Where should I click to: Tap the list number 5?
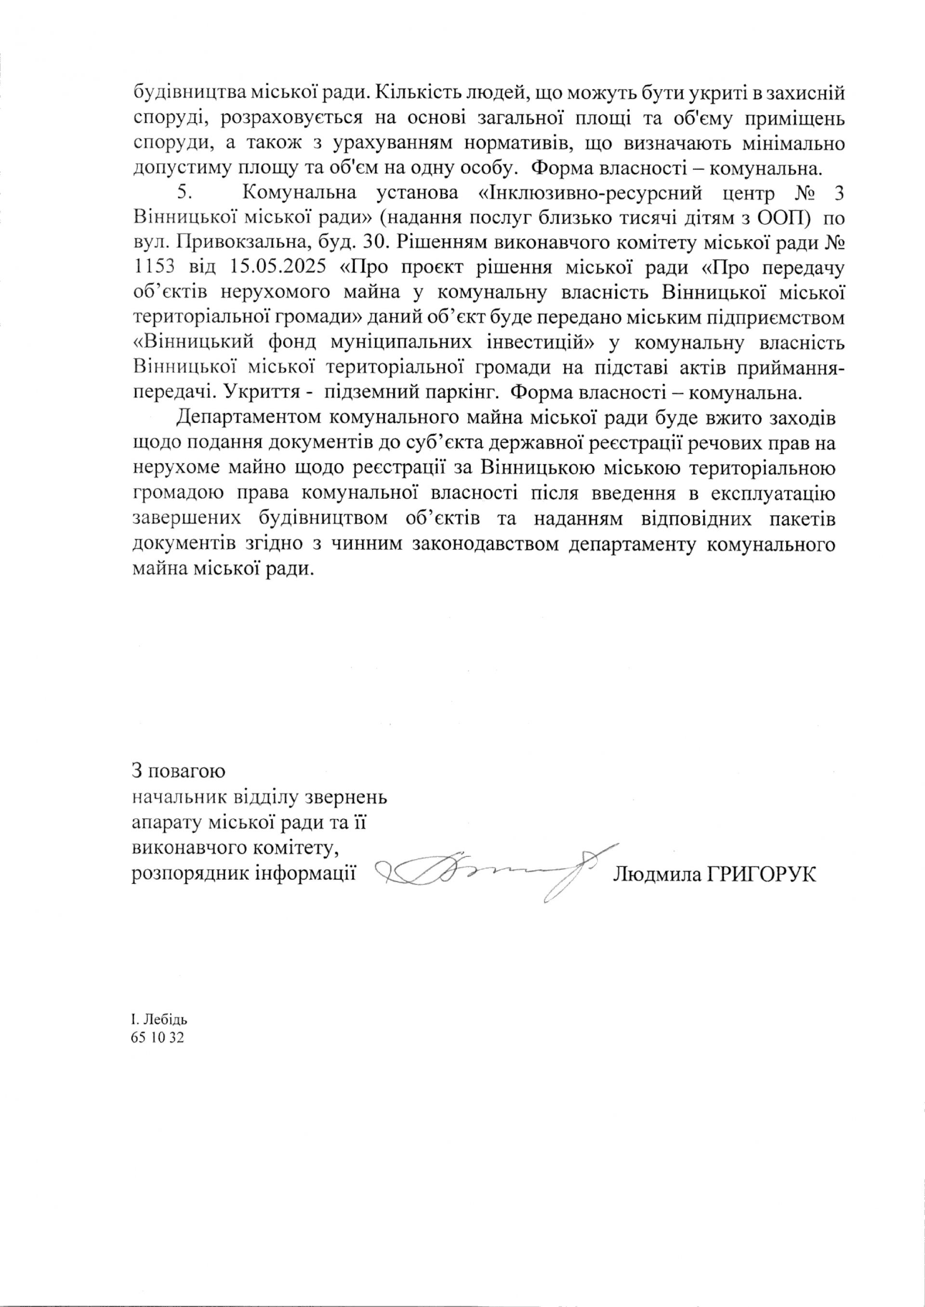click(x=184, y=193)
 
